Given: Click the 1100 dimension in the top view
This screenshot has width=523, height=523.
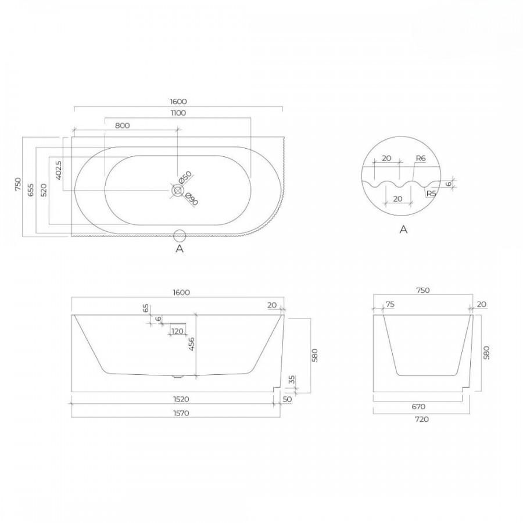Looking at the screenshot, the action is tap(178, 113).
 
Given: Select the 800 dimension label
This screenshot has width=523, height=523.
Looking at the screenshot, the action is tap(122, 126).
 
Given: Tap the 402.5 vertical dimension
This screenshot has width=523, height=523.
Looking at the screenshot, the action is tap(58, 170).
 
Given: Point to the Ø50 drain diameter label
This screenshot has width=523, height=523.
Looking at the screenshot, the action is tap(185, 177).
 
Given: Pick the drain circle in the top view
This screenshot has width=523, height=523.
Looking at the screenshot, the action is tap(177, 191).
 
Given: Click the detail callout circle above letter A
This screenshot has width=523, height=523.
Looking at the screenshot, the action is tap(180, 235).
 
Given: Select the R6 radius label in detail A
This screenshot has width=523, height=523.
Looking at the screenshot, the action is tap(421, 158).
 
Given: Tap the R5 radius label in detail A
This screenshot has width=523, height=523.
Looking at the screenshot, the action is tap(431, 194).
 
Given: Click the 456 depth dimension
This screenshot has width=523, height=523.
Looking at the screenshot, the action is tap(191, 344).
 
